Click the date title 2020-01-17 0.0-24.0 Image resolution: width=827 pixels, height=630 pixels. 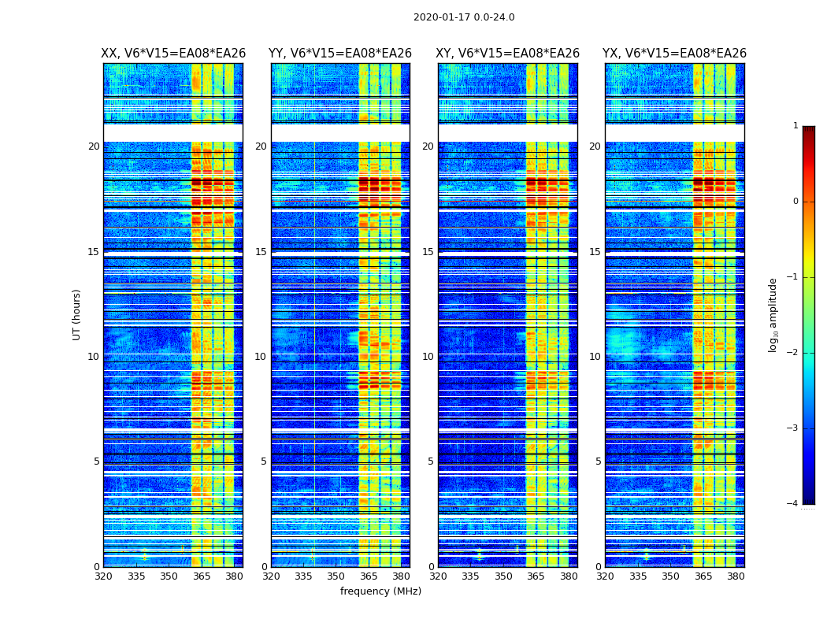[x=464, y=17]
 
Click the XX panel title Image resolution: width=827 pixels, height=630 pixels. [x=173, y=54]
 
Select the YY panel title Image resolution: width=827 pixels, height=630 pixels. [x=340, y=54]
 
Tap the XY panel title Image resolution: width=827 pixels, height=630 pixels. [x=508, y=54]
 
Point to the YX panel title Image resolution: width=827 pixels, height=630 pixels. [x=674, y=54]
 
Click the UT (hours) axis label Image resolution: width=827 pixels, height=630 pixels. [x=77, y=314]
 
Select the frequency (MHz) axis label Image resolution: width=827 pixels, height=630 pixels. [x=380, y=591]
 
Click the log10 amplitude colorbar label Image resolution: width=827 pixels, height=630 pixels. [x=773, y=314]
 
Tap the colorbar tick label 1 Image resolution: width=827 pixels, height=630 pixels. [x=795, y=126]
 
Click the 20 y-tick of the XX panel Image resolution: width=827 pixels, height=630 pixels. [x=94, y=146]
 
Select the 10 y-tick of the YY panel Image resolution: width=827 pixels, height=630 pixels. [x=261, y=357]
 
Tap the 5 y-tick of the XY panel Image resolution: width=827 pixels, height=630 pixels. [x=431, y=461]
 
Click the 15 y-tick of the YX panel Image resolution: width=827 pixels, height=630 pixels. [x=595, y=252]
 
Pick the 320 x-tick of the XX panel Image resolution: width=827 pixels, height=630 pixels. [x=103, y=576]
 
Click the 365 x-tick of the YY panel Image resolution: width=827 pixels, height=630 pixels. [x=369, y=576]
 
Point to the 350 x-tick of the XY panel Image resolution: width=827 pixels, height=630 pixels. [x=503, y=576]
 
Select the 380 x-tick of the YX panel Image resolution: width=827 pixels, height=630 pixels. [x=736, y=576]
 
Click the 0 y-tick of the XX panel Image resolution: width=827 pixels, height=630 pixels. [x=97, y=567]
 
